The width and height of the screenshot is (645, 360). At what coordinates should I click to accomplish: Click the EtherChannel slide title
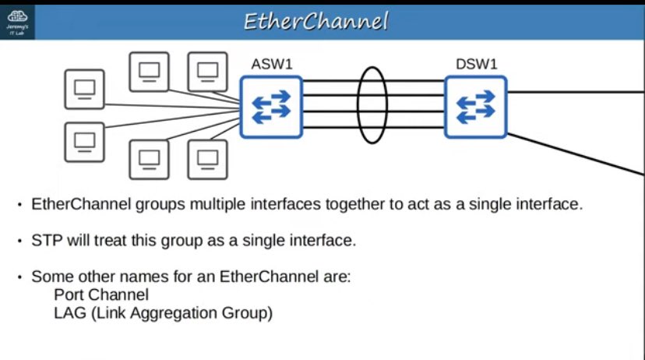pyautogui.click(x=315, y=21)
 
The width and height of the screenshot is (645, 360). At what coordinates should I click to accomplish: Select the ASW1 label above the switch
pyautogui.click(x=271, y=64)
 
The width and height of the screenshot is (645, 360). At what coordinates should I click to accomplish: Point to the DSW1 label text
pyautogui.click(x=476, y=64)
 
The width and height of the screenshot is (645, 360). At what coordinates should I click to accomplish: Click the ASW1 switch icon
pyautogui.click(x=270, y=107)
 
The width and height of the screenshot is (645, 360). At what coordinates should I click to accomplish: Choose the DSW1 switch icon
pyautogui.click(x=475, y=107)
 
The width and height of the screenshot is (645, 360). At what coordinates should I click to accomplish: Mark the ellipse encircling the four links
pyautogui.click(x=372, y=104)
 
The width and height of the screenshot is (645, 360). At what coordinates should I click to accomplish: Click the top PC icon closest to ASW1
pyautogui.click(x=207, y=72)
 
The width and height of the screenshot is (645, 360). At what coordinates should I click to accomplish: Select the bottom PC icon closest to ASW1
pyautogui.click(x=207, y=159)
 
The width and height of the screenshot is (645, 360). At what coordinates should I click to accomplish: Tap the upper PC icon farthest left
pyautogui.click(x=84, y=90)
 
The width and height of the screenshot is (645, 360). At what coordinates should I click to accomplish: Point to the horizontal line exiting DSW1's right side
pyautogui.click(x=576, y=91)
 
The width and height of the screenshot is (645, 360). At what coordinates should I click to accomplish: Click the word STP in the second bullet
pyautogui.click(x=45, y=241)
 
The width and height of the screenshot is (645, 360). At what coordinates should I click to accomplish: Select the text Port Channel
pyautogui.click(x=101, y=295)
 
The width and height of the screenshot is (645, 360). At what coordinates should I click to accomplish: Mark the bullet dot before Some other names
pyautogui.click(x=19, y=277)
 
